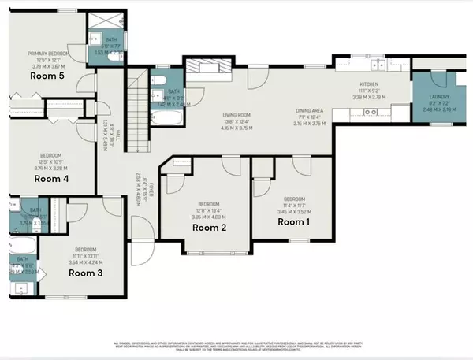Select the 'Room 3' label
(x=85, y=273)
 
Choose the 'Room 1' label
(x=294, y=222)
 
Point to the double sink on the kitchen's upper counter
(x=371, y=63)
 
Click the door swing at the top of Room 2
(x=229, y=165)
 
